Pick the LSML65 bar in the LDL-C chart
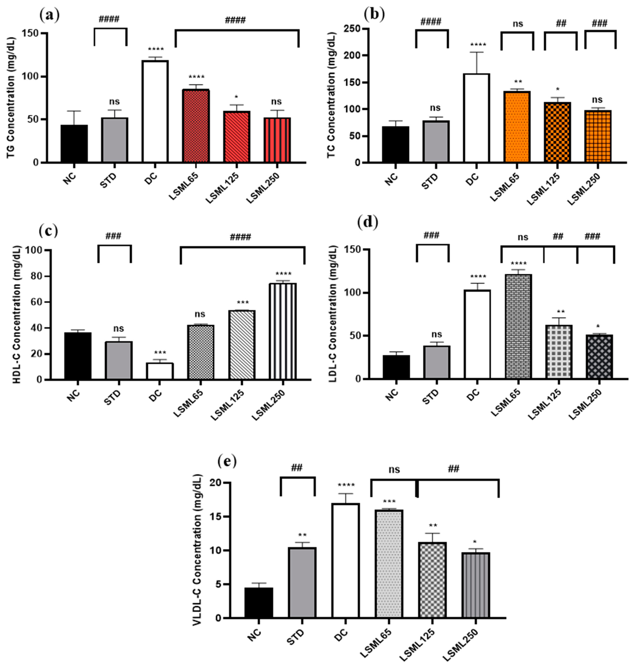pyautogui.click(x=518, y=326)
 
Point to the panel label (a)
pyautogui.click(x=49, y=15)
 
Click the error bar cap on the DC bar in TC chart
pyautogui.click(x=476, y=52)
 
